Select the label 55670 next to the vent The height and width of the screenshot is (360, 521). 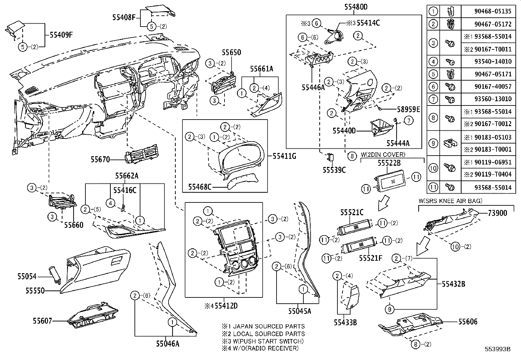100,160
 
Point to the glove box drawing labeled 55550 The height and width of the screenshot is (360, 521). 98,269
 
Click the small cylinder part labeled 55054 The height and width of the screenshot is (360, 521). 56,274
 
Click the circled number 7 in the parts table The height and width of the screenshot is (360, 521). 433,99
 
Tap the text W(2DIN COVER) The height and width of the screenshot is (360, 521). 383,155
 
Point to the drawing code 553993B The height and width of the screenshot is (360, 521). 498,349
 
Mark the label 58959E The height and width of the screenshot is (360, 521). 404,109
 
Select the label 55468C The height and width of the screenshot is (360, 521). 200,187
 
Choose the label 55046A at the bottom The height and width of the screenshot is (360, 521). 168,344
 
